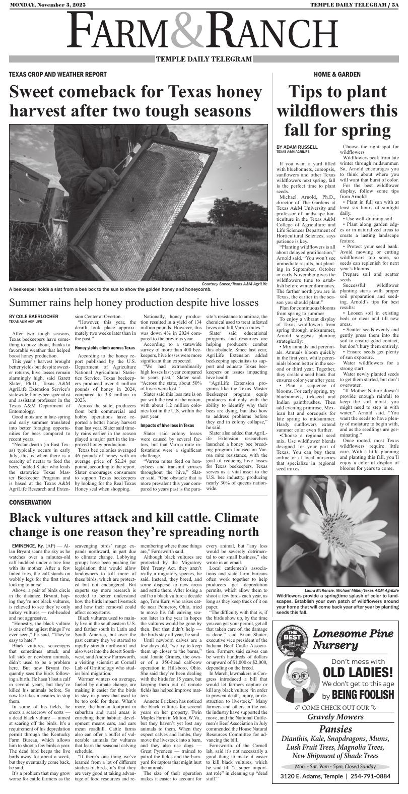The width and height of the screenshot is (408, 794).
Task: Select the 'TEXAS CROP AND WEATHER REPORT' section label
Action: coord(57,74)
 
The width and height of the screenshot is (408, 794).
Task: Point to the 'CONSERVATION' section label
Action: coord(30,503)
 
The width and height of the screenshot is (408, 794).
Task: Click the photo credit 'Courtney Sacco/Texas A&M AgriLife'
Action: coord(234,284)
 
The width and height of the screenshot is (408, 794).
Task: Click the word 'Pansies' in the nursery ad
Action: coord(338,729)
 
